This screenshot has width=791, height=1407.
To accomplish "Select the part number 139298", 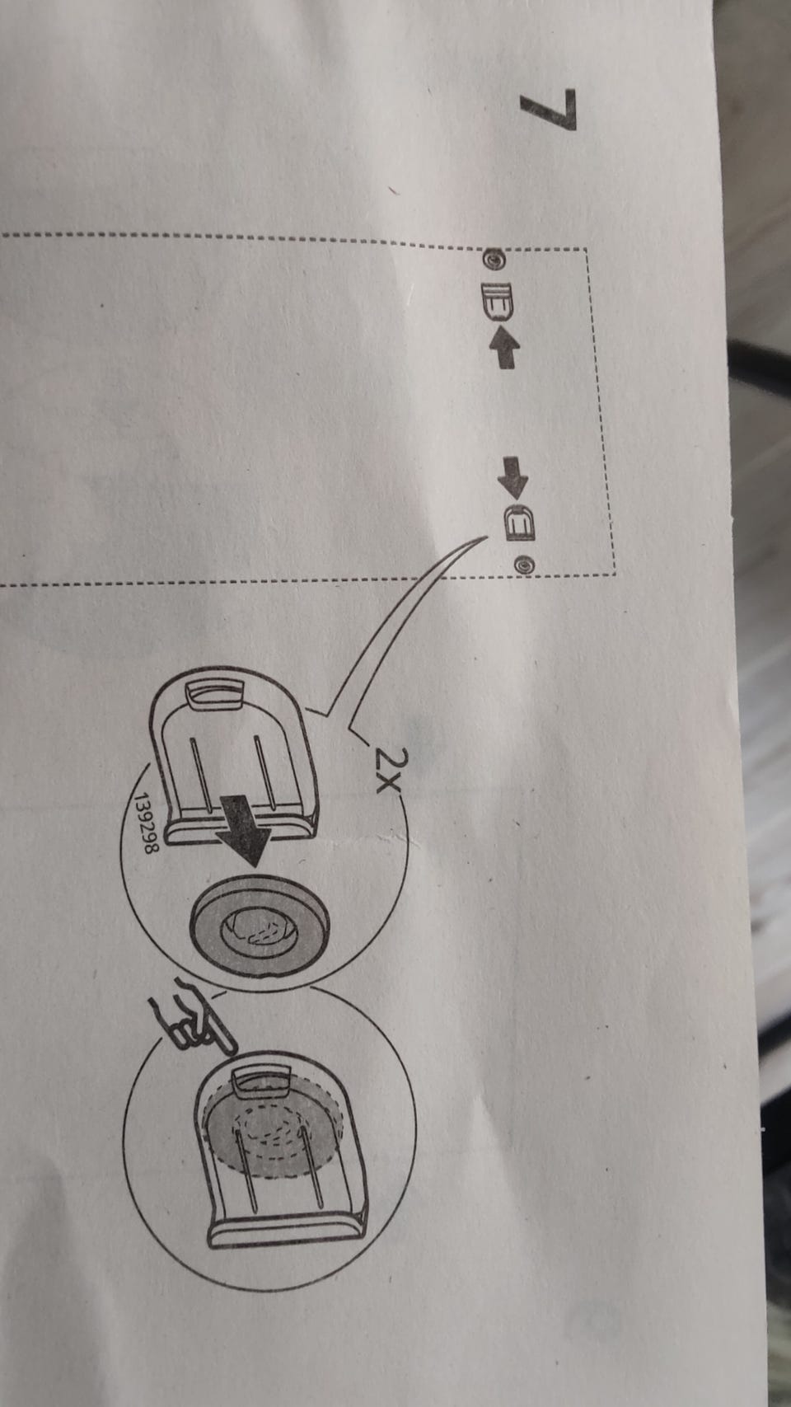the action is pos(143,823).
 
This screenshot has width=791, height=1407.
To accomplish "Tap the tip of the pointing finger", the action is pos(233,1049).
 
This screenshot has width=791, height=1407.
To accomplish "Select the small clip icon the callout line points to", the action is pos(518,523).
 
